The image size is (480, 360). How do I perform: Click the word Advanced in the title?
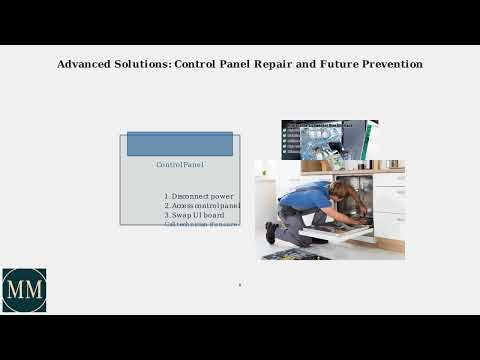pos(84,64)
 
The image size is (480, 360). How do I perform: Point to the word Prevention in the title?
pos(389,64)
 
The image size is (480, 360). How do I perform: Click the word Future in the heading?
pos(335,64)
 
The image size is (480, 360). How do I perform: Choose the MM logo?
pos(24,290)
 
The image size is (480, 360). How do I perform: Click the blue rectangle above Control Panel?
pos(180,144)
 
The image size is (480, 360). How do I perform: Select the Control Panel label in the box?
pos(180,164)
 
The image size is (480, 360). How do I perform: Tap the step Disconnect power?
pos(199,196)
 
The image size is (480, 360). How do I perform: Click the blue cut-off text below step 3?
pos(202,225)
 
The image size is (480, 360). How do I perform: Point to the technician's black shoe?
pos(271,233)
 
